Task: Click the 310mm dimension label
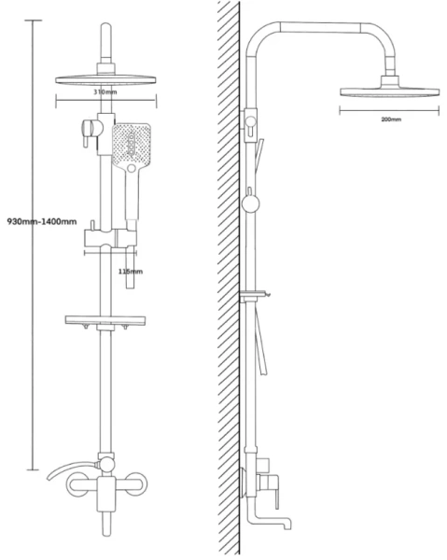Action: click(x=105, y=91)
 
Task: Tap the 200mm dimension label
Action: click(x=391, y=119)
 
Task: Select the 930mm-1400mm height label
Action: click(x=42, y=221)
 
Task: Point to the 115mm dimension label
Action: click(x=131, y=272)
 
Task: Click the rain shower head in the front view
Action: click(x=106, y=80)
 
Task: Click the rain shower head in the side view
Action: click(x=389, y=91)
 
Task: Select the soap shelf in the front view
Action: click(x=105, y=320)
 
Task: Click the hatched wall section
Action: click(x=229, y=278)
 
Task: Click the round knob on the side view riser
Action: click(x=251, y=203)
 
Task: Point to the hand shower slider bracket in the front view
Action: click(x=110, y=238)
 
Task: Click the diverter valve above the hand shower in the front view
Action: click(x=91, y=130)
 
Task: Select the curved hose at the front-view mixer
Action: click(x=73, y=469)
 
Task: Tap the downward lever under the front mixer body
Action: click(x=106, y=524)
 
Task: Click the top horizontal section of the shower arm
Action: click(x=321, y=27)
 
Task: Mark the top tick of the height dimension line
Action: click(x=34, y=21)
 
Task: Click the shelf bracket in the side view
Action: click(x=256, y=295)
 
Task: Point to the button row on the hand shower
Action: click(x=132, y=144)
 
